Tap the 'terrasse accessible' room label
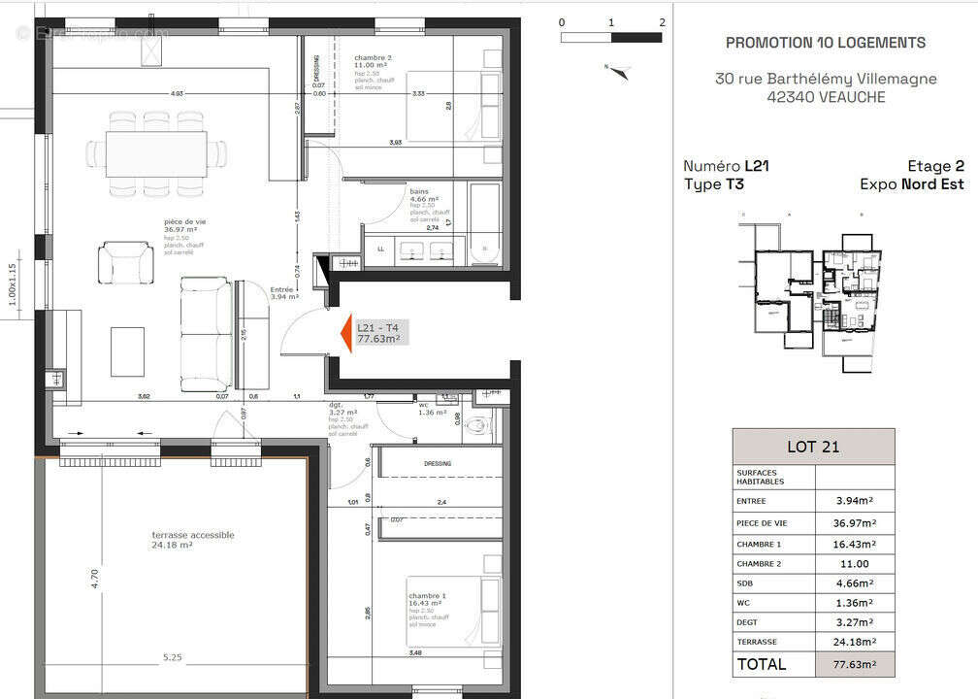tap(192, 535)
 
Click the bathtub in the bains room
tap(485, 224)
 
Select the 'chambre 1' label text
tap(427, 595)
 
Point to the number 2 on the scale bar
tap(661, 21)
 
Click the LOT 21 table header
tap(812, 447)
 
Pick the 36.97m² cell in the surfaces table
tap(855, 522)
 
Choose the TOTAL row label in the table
tap(762, 664)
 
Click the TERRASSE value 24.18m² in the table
tap(855, 641)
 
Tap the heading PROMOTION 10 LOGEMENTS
tap(825, 43)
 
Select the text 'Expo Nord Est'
tap(912, 183)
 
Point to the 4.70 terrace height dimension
tap(94, 579)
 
